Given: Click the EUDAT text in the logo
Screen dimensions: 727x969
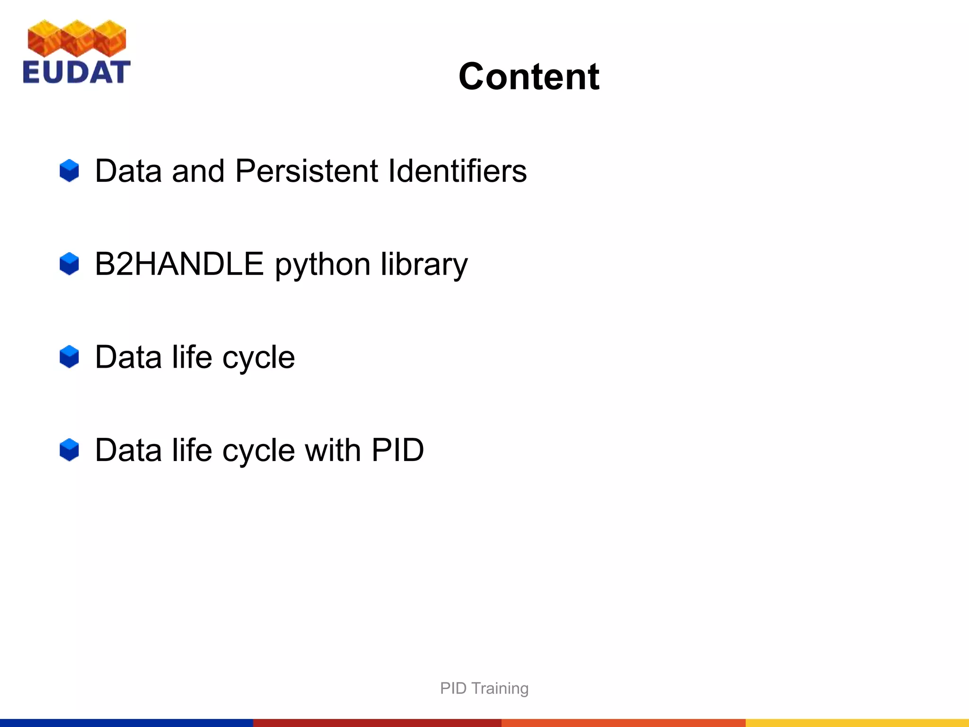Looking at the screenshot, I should (76, 72).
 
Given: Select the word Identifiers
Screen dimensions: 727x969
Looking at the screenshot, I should (457, 171).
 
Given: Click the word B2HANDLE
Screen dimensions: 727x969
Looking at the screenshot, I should (179, 264).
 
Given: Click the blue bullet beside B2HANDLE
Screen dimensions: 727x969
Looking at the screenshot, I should (69, 264).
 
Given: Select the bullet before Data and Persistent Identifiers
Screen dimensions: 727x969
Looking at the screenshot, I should (69, 171).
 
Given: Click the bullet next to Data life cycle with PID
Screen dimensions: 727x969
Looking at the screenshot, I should (69, 450).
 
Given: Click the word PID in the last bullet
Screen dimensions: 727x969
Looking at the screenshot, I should (397, 450).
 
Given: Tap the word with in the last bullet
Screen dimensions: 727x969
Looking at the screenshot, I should (333, 450).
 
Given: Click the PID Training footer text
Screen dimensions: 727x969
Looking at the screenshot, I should (484, 688).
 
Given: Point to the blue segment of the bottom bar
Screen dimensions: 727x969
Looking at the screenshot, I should (126, 723).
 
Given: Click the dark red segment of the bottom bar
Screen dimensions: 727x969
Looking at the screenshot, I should (377, 723).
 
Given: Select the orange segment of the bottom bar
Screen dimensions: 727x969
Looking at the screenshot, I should (623, 723).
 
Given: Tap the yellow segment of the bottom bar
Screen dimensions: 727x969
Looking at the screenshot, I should (857, 723).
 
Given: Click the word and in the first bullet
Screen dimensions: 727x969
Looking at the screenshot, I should (198, 171).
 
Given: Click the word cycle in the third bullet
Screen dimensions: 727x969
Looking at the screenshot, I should (258, 358).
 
